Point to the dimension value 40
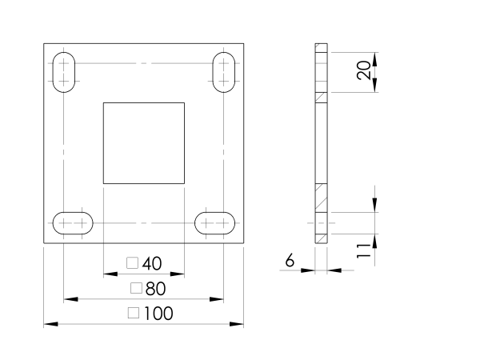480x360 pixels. click(x=152, y=263)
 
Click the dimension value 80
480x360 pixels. click(x=156, y=289)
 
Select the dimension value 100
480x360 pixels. click(x=158, y=314)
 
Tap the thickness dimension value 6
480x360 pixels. click(x=290, y=261)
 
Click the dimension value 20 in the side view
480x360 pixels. click(x=364, y=70)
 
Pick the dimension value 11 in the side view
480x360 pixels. click(x=364, y=250)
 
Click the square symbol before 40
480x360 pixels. click(x=132, y=262)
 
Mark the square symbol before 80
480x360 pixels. click(x=136, y=288)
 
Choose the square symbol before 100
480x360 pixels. click(x=134, y=313)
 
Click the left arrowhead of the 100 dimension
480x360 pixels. click(x=51, y=324)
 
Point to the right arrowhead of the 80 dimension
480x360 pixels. click(x=217, y=299)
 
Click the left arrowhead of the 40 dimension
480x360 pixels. click(x=110, y=274)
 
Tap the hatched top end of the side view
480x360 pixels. click(x=321, y=48)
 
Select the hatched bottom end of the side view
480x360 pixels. click(x=321, y=238)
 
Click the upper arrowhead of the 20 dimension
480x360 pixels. click(x=374, y=59)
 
